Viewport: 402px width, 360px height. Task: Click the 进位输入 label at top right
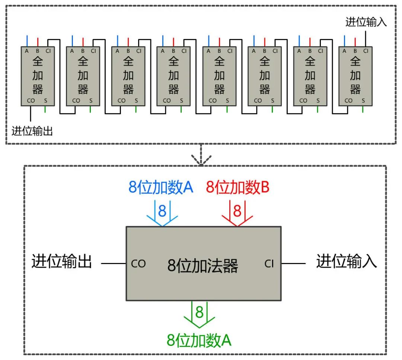(x=366, y=22)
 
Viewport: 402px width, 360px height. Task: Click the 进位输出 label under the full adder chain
(x=32, y=131)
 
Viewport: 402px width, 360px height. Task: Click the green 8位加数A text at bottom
(x=199, y=340)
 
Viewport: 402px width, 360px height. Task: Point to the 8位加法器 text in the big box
(x=203, y=266)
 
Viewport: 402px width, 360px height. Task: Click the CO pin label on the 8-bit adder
(x=138, y=264)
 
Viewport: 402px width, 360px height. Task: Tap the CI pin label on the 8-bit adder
(x=269, y=264)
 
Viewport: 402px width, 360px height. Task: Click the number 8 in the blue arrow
(x=162, y=211)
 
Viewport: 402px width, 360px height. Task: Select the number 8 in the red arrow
(x=237, y=211)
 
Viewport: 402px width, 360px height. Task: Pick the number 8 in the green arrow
(x=200, y=312)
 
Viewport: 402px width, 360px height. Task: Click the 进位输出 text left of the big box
(x=62, y=261)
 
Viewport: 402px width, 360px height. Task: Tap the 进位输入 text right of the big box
(x=347, y=261)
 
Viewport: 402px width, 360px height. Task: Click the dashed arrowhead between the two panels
(x=201, y=160)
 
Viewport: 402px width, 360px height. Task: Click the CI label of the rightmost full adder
(x=366, y=51)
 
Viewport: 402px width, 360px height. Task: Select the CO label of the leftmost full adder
(x=31, y=100)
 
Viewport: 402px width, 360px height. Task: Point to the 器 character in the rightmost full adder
(x=355, y=89)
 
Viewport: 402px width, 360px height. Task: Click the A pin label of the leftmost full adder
(x=27, y=51)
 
